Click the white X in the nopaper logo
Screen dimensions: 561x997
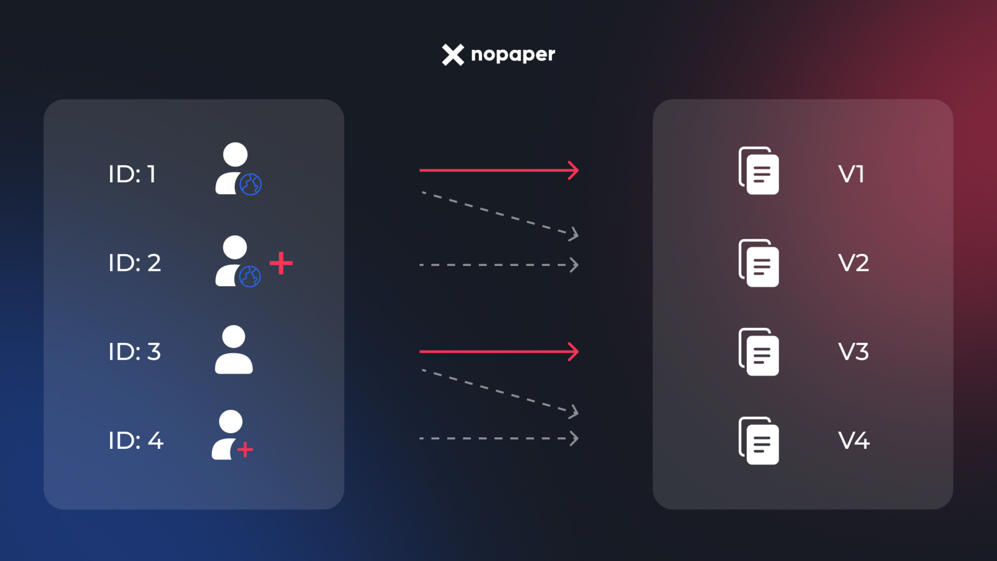pyautogui.click(x=453, y=55)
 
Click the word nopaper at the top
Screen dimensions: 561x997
pyautogui.click(x=513, y=55)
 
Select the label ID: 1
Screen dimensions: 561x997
pyautogui.click(x=132, y=174)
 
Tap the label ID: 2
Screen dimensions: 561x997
pyautogui.click(x=135, y=262)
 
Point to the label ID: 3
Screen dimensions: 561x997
pyautogui.click(x=135, y=351)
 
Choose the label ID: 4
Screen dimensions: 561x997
pyautogui.click(x=136, y=440)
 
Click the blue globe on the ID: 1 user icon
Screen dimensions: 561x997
pyautogui.click(x=250, y=184)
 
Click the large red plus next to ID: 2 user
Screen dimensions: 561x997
pyautogui.click(x=281, y=263)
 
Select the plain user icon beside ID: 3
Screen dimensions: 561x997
pyautogui.click(x=234, y=350)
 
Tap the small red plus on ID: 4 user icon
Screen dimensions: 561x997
pyautogui.click(x=245, y=450)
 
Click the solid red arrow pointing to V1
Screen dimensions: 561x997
pyautogui.click(x=498, y=170)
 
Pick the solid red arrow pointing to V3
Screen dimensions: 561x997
pyautogui.click(x=498, y=351)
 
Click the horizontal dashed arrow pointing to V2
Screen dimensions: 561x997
pyautogui.click(x=498, y=265)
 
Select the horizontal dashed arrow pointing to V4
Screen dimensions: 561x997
pyautogui.click(x=498, y=439)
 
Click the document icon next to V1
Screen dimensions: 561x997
pyautogui.click(x=759, y=171)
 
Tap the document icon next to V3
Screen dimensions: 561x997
pyautogui.click(x=759, y=352)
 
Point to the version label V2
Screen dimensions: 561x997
pyautogui.click(x=853, y=262)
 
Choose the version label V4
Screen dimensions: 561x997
pyautogui.click(x=853, y=440)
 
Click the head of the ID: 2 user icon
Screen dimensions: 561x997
pyautogui.click(x=235, y=247)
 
